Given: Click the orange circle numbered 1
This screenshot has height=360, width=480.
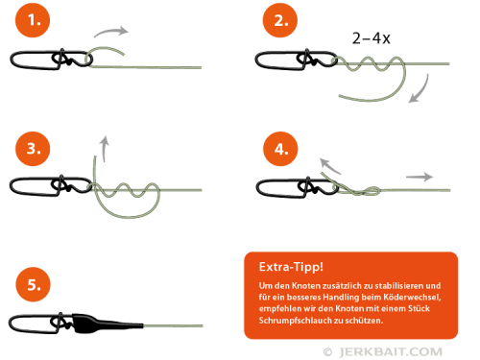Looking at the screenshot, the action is pyautogui.click(x=33, y=20).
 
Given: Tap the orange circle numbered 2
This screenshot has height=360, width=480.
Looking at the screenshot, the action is pyautogui.click(x=280, y=20).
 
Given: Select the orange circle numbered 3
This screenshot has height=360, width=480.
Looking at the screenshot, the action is pyautogui.click(x=33, y=149).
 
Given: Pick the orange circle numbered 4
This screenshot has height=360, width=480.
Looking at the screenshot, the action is pyautogui.click(x=280, y=149).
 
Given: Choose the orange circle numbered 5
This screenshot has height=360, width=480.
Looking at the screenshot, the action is pyautogui.click(x=34, y=284).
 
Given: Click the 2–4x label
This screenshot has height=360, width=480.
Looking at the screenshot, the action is pyautogui.click(x=372, y=38).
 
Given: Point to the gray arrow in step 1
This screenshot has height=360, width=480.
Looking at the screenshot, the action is pyautogui.click(x=110, y=31).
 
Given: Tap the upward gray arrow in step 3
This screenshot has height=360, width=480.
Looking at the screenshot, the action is pyautogui.click(x=104, y=149).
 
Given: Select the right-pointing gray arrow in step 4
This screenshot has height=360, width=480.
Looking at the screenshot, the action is pyautogui.click(x=420, y=177).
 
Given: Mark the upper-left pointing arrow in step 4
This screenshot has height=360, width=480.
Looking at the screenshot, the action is pyautogui.click(x=329, y=166).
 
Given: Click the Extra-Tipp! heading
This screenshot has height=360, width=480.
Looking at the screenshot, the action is pyautogui.click(x=291, y=267).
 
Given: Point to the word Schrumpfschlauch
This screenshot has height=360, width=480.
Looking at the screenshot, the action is pyautogui.click(x=296, y=321).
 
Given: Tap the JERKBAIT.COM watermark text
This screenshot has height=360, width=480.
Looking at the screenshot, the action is pyautogui.click(x=391, y=352).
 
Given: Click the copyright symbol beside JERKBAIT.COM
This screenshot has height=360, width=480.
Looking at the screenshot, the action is pyautogui.click(x=327, y=352).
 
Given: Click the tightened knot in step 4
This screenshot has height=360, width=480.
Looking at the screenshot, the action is pyautogui.click(x=368, y=191).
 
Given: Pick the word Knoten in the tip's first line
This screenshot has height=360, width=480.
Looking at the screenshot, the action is pyautogui.click(x=306, y=285).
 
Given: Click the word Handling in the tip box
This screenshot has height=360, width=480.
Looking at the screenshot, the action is pyautogui.click(x=341, y=298).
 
